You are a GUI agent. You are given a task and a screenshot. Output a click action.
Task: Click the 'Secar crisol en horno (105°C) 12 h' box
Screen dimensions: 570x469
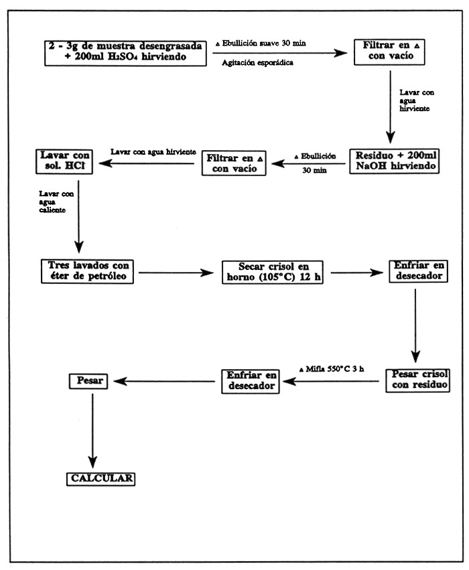(x=271, y=273)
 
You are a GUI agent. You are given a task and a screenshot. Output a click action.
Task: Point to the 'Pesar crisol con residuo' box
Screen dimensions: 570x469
(x=417, y=380)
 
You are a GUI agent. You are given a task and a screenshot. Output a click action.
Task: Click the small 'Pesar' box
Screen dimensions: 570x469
(x=88, y=380)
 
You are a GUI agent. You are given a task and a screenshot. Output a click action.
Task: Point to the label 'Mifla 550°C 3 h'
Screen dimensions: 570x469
(x=333, y=370)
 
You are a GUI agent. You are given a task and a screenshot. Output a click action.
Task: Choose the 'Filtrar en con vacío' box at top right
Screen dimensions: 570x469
(x=389, y=52)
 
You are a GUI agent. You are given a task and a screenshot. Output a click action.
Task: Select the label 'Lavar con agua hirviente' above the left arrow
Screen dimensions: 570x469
(x=153, y=152)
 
